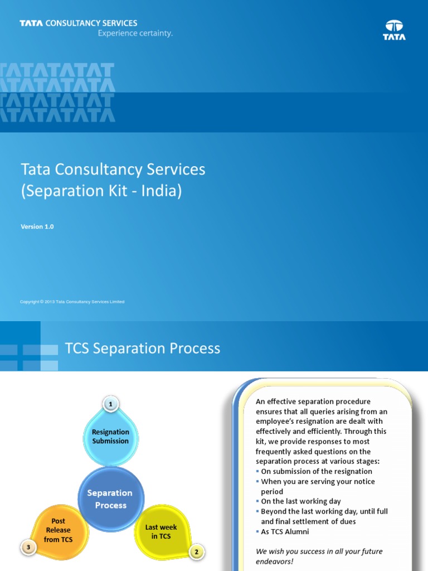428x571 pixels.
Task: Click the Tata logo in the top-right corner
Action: pos(394,30)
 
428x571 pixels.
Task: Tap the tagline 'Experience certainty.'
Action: pos(135,33)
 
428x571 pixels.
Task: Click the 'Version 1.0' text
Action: pos(37,226)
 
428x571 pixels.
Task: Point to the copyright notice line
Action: pos(72,302)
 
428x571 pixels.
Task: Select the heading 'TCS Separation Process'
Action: pos(143,348)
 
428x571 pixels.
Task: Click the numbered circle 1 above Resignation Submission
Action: pos(111,404)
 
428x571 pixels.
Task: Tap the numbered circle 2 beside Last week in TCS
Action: pos(197,551)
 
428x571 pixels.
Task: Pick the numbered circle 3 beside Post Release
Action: pos(28,547)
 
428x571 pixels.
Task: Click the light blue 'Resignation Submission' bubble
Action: pos(111,437)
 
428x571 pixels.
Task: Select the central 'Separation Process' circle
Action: pos(111,499)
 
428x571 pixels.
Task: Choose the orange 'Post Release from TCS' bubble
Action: pos(58,531)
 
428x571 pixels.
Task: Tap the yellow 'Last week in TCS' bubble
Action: pos(162,531)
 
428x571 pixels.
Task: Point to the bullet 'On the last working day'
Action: pos(299,501)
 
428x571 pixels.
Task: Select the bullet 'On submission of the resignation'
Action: pos(314,471)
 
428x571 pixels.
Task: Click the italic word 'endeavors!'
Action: pos(274,562)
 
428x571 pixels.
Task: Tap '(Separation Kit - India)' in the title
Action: pos(101,191)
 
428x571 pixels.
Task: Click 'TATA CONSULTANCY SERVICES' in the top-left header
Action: pos(78,23)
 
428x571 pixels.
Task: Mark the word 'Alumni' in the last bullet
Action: pos(297,531)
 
